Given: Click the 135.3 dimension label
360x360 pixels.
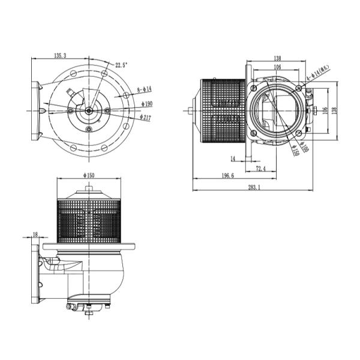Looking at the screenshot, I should (60, 56).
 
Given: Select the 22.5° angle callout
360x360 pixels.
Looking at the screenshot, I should (122, 65).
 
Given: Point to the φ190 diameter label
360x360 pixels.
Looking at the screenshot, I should (146, 103).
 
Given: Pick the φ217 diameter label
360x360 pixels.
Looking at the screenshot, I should (146, 118).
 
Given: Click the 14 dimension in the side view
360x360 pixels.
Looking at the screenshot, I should (232, 159).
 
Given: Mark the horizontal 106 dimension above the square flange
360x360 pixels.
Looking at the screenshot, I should (277, 67).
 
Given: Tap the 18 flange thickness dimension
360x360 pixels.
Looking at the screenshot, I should (35, 234).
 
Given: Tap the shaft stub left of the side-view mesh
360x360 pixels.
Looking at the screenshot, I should (190, 110).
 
